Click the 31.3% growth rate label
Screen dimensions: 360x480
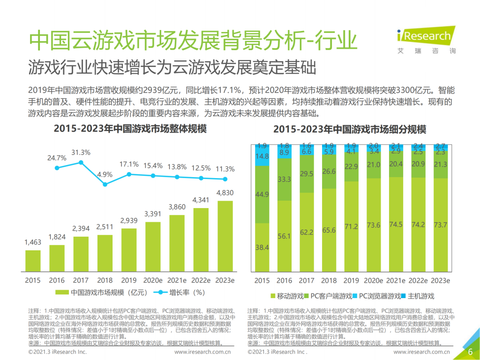click(x=81, y=153)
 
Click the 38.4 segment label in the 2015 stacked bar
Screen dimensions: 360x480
click(x=262, y=247)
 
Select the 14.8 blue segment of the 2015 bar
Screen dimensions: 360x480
click(x=262, y=156)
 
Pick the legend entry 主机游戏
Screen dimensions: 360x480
click(x=417, y=296)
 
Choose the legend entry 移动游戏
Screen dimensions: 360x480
click(x=286, y=296)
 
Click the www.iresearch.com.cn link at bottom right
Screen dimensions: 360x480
click(x=421, y=352)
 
